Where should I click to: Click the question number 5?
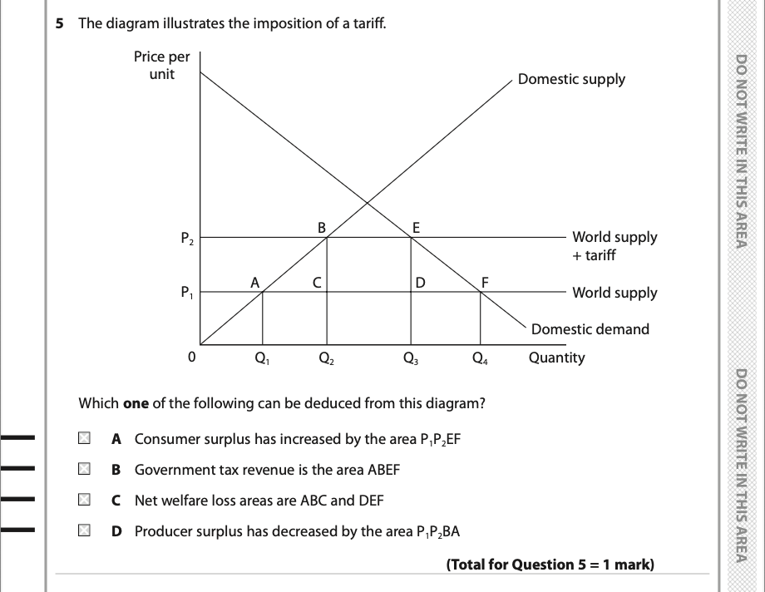coord(59,23)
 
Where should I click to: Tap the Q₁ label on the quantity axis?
coord(261,359)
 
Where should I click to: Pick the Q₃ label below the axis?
coord(410,359)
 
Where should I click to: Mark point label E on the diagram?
coord(417,224)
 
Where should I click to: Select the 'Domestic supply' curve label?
coord(571,79)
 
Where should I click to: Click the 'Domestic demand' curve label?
coord(590,329)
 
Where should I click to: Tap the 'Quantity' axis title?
coord(556,358)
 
